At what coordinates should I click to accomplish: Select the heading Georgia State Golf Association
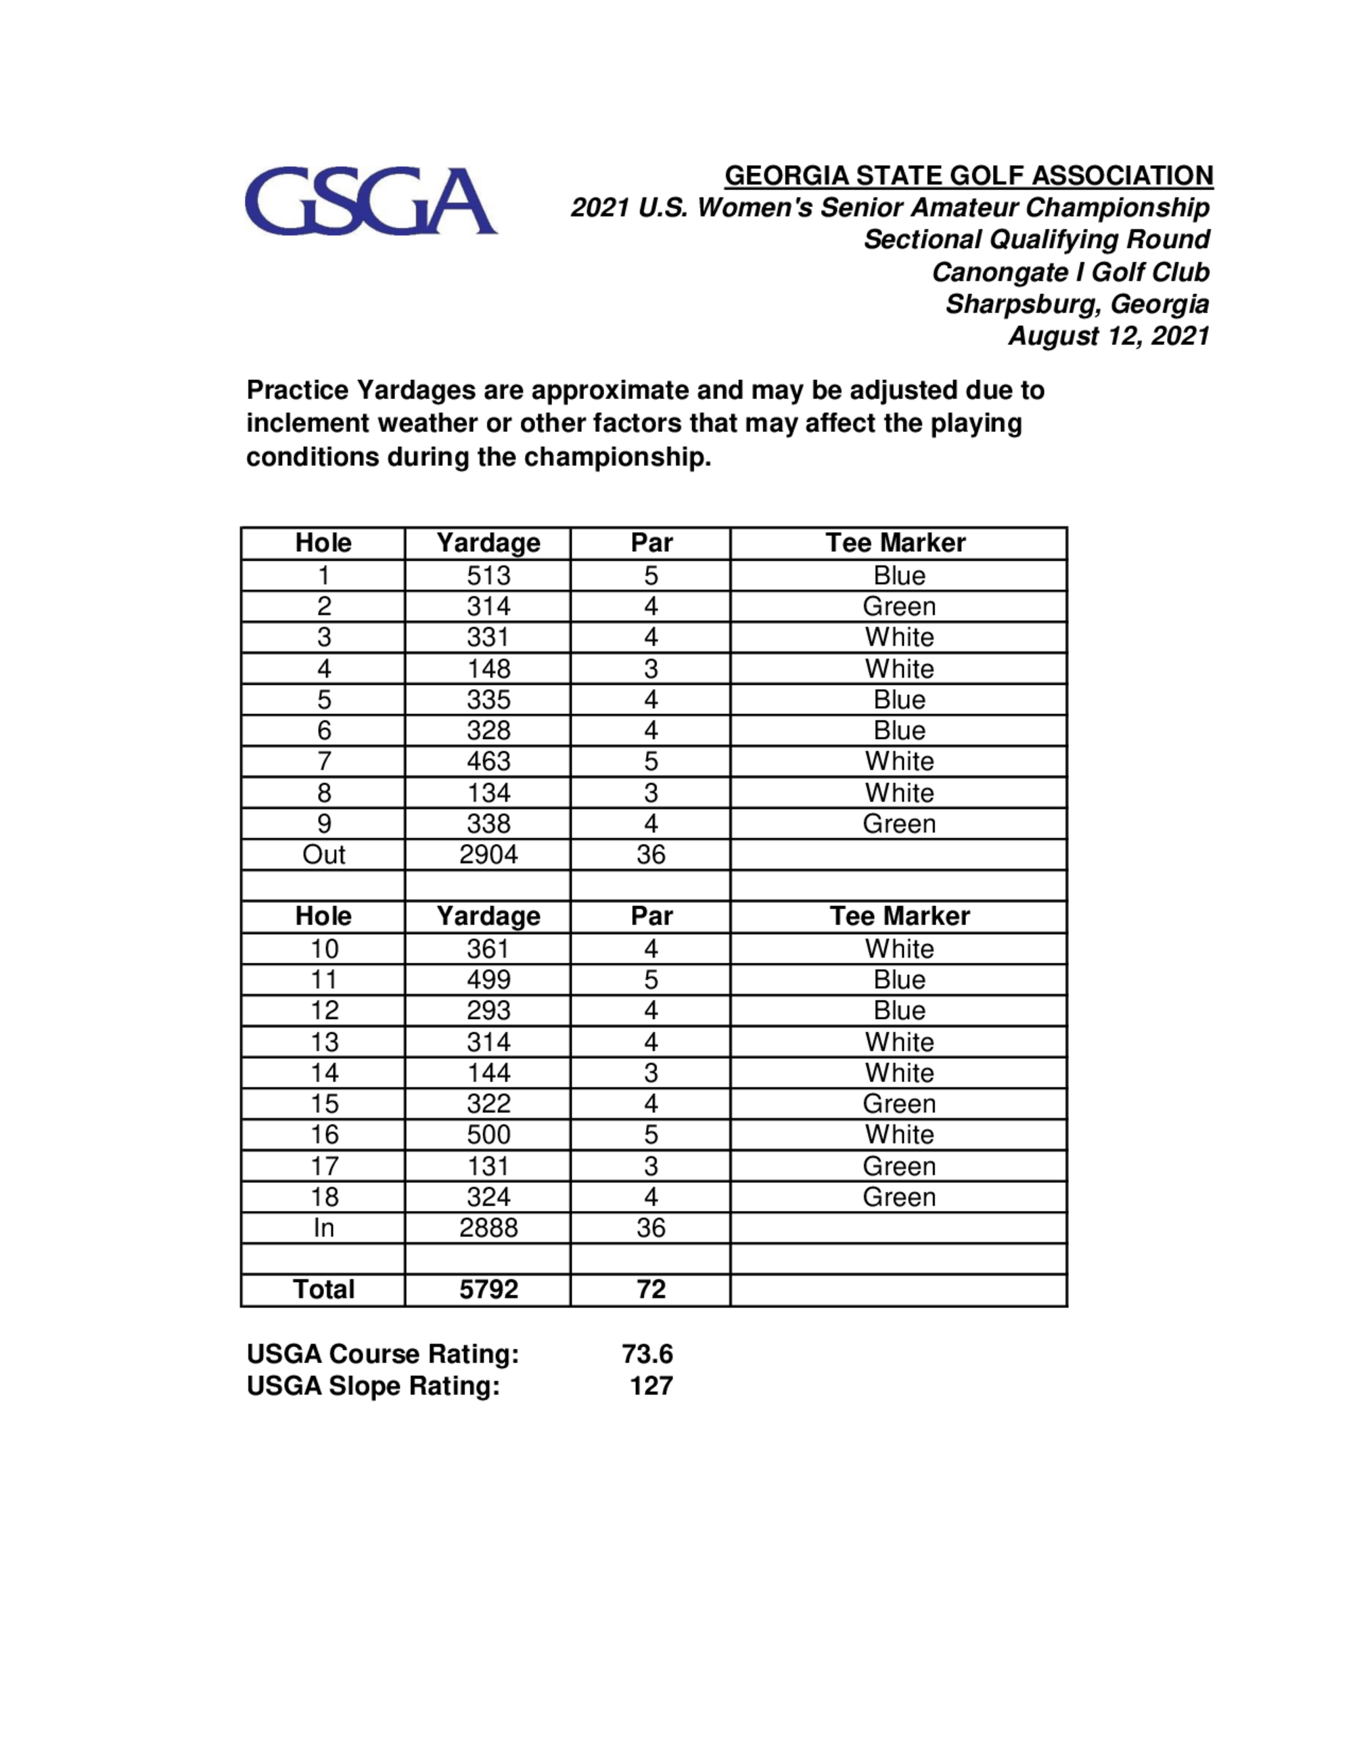(968, 176)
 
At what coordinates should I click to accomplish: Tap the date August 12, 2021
(1109, 336)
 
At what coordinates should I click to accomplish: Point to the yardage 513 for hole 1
(488, 575)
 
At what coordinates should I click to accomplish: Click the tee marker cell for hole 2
(898, 607)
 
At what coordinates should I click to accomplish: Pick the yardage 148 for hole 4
(488, 668)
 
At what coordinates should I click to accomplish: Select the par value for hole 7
(651, 761)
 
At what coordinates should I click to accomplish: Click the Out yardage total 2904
(488, 854)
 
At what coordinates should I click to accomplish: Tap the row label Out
(323, 854)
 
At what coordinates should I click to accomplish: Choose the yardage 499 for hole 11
(488, 979)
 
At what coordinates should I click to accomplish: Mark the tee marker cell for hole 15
(898, 1104)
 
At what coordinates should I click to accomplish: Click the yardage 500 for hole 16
(488, 1135)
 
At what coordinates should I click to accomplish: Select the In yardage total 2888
(488, 1227)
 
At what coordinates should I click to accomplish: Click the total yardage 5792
(488, 1290)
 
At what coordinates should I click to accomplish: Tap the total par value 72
(651, 1290)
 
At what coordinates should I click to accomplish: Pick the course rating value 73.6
(647, 1354)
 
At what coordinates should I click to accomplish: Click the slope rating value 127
(651, 1386)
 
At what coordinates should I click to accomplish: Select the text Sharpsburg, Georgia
(1076, 304)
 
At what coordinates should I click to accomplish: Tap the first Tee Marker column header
(895, 542)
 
